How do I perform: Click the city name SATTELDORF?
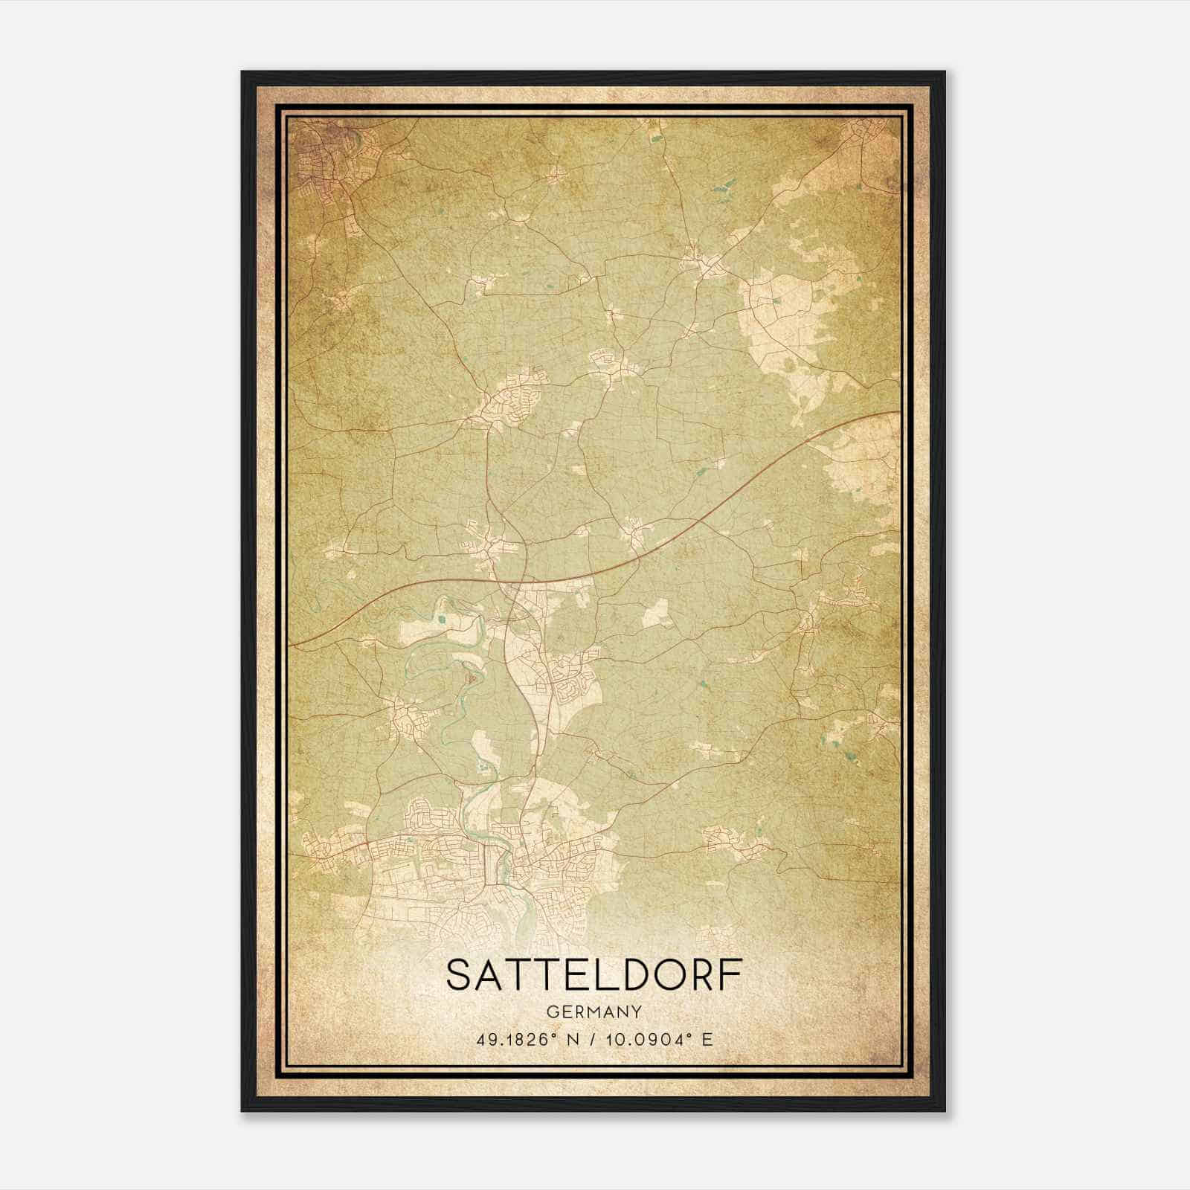(x=594, y=975)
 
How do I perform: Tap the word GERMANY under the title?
(x=594, y=1011)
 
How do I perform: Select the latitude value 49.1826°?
(x=518, y=1039)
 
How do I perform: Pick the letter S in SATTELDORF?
(x=460, y=975)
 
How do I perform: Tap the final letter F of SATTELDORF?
(x=730, y=975)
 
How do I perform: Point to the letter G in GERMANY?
(x=551, y=1011)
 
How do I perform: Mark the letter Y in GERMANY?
(x=637, y=1011)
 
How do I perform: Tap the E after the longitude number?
(x=707, y=1039)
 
